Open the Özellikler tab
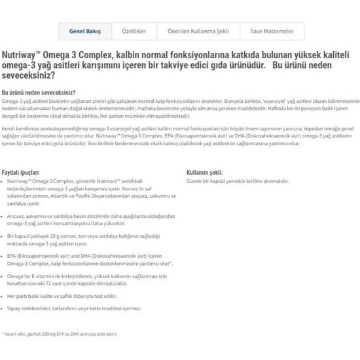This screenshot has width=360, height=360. coord(134,31)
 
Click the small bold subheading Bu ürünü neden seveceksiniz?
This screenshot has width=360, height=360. coord(39,94)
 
